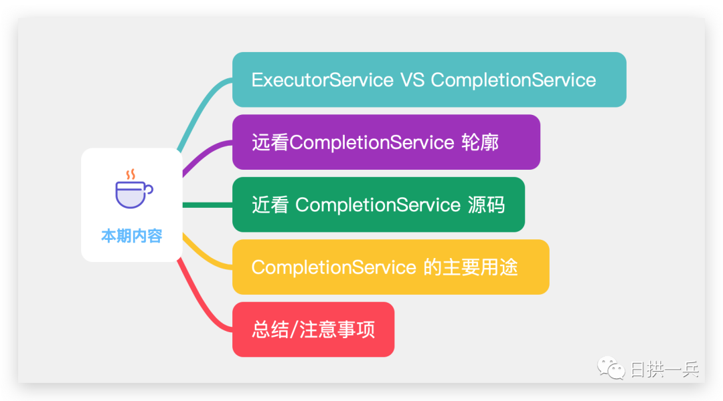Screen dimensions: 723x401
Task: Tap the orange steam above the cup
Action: point(131,174)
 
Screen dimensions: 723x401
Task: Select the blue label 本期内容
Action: point(132,236)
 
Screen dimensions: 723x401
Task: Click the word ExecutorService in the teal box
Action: point(322,80)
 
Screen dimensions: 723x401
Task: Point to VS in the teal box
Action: point(412,80)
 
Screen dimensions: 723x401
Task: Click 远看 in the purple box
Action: point(270,142)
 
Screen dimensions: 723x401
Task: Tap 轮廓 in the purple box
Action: point(480,142)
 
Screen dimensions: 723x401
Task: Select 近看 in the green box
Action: point(270,205)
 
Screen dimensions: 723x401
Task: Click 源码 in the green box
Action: point(487,205)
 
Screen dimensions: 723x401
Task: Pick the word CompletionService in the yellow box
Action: point(334,267)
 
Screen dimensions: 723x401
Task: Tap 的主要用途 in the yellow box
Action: point(471,267)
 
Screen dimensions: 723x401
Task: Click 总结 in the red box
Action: point(270,329)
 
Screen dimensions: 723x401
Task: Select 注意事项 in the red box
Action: point(337,329)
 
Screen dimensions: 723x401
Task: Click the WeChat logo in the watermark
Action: point(611,368)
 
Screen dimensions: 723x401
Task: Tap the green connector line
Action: point(208,205)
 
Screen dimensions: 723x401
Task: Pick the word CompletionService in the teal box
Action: point(513,80)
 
